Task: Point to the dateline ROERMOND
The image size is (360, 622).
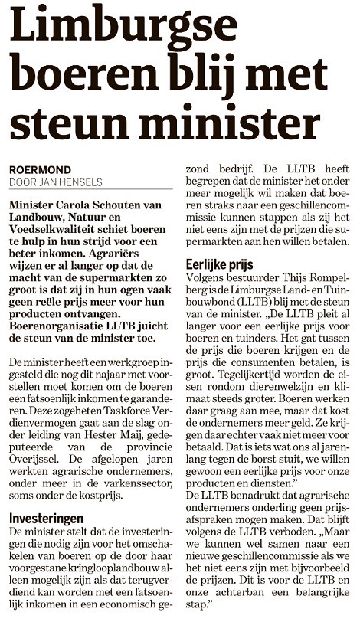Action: point(39,169)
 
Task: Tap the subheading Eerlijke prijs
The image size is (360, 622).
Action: point(222,264)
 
